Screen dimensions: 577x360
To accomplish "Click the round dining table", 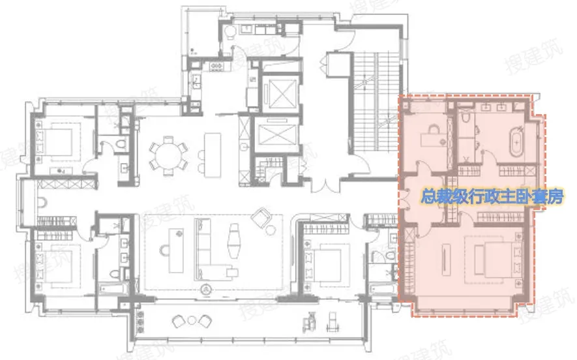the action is tap(169, 156).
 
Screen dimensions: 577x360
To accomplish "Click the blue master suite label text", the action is tap(492, 197).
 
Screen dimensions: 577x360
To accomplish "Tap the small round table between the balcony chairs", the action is tap(192, 320).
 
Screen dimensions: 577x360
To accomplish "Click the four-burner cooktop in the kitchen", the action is tap(215, 67).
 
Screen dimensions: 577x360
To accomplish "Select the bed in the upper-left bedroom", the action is tap(59, 142).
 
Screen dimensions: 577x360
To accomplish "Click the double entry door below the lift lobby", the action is tap(325, 185).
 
